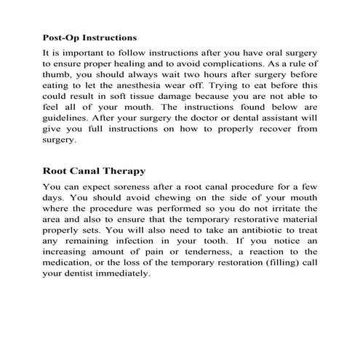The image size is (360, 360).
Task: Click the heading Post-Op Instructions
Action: (x=90, y=37)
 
